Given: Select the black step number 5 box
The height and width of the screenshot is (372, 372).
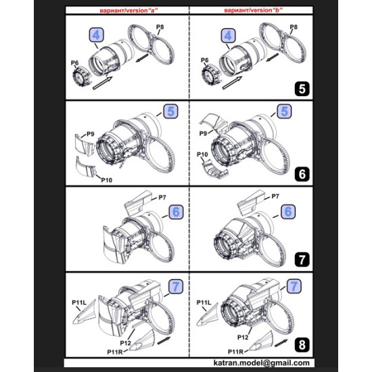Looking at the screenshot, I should point(302,87).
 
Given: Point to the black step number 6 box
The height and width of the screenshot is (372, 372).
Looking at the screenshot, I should point(302,174).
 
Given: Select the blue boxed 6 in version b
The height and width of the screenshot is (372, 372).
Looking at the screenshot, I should point(287,212).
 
